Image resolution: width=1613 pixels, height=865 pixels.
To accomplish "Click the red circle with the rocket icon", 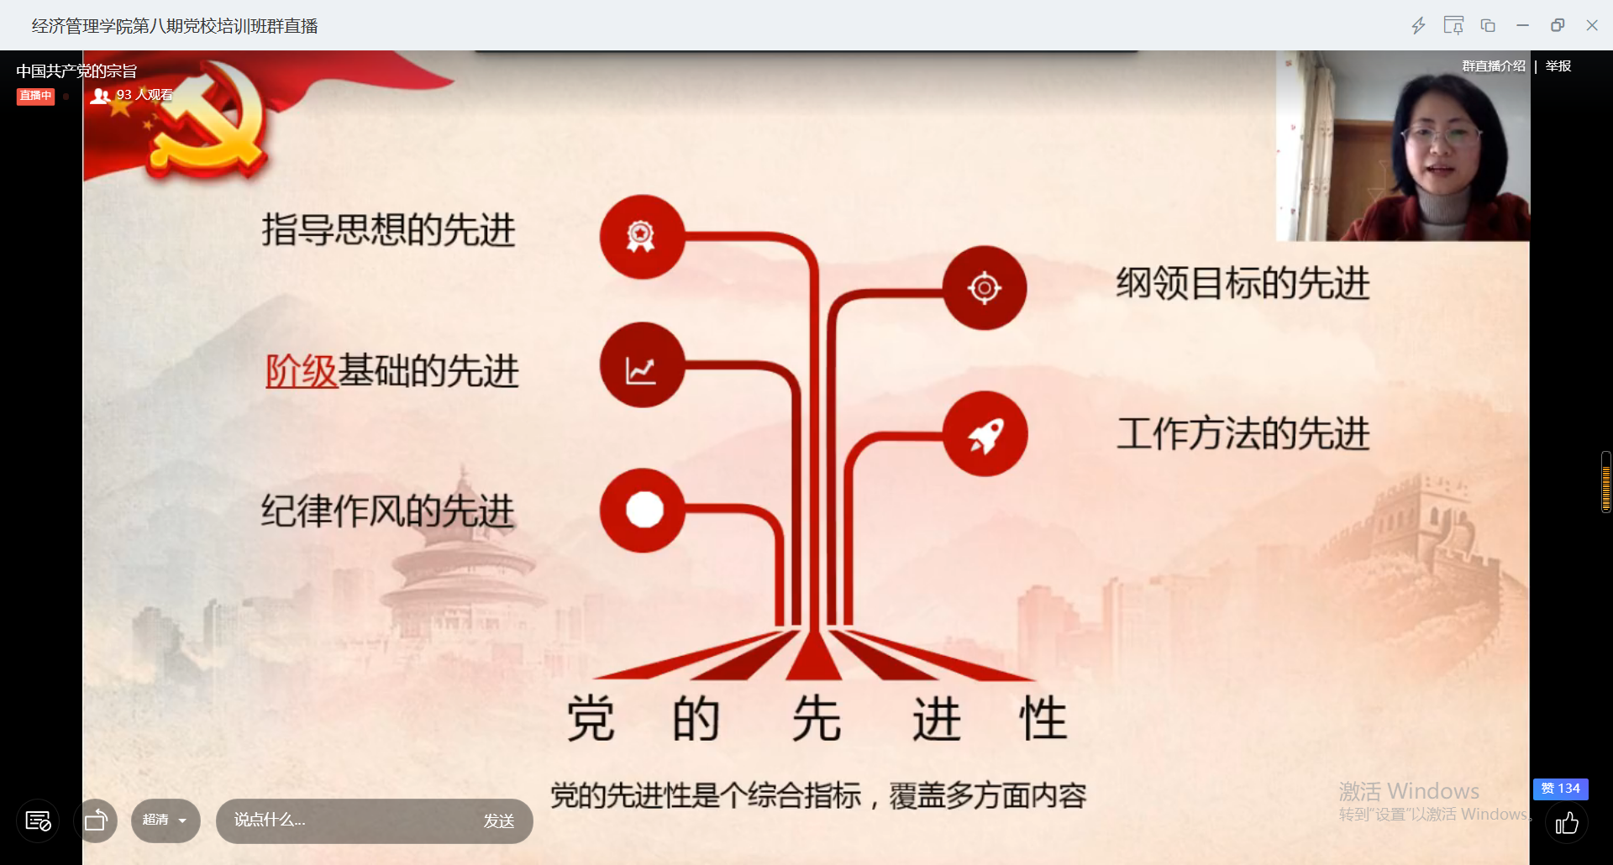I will coord(985,434).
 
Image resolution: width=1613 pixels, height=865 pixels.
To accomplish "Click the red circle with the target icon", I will coord(984,288).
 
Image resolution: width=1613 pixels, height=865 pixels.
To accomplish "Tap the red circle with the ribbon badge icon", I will coord(641,237).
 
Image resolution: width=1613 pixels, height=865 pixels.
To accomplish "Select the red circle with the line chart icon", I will coord(641,365).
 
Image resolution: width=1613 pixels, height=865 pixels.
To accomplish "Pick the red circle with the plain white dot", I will coord(644,510).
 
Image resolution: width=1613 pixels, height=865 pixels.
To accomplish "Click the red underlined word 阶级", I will coord(301,371).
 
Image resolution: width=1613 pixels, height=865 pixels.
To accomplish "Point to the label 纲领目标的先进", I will coord(1243,283).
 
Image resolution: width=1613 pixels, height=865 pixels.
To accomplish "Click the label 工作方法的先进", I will coord(1243,434).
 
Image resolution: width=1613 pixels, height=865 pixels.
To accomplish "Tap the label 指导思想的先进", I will coord(388,230).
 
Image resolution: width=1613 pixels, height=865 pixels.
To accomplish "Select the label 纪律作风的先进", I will coord(387,511).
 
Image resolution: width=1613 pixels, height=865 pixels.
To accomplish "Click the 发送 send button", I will coord(498,820).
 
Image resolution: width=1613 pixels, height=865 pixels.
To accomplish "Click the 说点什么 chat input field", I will coord(344,820).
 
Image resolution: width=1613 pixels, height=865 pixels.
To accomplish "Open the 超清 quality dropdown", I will coord(165,820).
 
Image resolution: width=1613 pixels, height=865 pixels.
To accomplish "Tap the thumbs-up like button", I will coord(1566,823).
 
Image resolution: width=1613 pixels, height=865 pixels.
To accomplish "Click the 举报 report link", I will coord(1558,66).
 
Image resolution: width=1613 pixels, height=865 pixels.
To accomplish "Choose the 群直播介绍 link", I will coord(1493,66).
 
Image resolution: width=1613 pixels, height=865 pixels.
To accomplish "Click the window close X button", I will coord(1591,25).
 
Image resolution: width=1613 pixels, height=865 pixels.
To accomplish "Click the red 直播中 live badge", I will coord(35,96).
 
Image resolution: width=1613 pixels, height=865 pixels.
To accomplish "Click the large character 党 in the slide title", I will coord(591,719).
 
